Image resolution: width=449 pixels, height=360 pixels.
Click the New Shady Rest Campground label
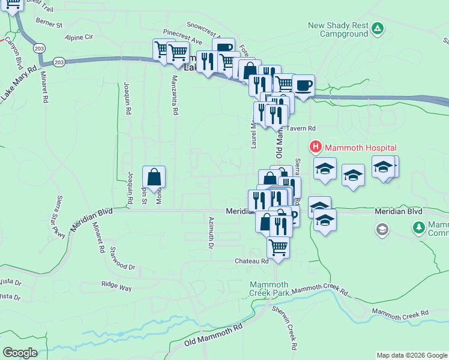[337, 29]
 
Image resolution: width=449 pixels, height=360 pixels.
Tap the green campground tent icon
[377, 28]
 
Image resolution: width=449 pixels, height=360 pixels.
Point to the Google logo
[20, 352]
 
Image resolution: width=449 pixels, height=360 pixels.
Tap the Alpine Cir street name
[80, 37]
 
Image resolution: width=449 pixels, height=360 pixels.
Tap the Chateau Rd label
[252, 261]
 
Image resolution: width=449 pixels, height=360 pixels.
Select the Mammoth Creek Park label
[270, 289]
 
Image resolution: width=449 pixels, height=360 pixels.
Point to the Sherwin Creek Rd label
[285, 328]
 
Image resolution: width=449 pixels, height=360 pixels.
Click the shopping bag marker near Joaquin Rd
[154, 177]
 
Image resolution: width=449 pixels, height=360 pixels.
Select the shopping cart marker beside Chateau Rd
[278, 247]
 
